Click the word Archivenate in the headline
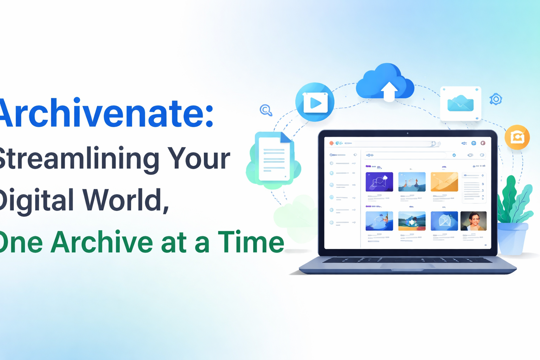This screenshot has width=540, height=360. point(105,114)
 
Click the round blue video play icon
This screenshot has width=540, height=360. point(315,102)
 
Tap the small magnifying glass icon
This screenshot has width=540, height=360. point(266,110)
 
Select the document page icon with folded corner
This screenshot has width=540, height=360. point(275,158)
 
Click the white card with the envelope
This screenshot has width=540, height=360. point(460,103)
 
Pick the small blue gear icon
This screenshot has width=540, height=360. point(496,99)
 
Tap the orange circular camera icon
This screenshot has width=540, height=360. point(517,137)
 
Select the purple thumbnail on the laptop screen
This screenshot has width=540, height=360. point(379,182)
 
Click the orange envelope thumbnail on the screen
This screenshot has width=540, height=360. point(444,182)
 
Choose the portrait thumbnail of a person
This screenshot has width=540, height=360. point(473,221)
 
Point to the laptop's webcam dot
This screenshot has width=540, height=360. point(407,134)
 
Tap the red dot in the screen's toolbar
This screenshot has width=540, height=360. point(331,143)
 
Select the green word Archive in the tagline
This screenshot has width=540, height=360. point(102,242)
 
